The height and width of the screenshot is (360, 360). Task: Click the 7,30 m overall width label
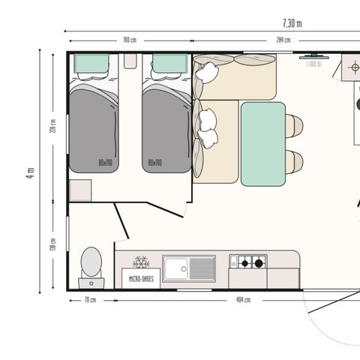[292, 23]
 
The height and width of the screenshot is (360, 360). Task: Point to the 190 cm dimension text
[130, 40]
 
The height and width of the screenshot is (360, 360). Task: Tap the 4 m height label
[30, 172]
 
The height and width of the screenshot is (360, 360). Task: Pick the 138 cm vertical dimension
[52, 244]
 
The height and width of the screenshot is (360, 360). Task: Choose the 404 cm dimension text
[243, 300]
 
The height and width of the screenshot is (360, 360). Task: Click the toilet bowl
[91, 262]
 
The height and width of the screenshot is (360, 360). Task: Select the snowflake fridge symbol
[140, 262]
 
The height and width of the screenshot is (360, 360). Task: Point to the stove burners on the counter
[249, 262]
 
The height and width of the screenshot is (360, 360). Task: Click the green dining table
[262, 143]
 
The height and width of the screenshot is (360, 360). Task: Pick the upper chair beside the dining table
[294, 125]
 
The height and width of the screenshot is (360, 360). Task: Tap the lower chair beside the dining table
[294, 161]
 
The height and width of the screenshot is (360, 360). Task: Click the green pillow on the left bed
[93, 64]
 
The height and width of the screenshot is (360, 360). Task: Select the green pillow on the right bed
[169, 64]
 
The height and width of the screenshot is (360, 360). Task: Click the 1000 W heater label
[313, 64]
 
